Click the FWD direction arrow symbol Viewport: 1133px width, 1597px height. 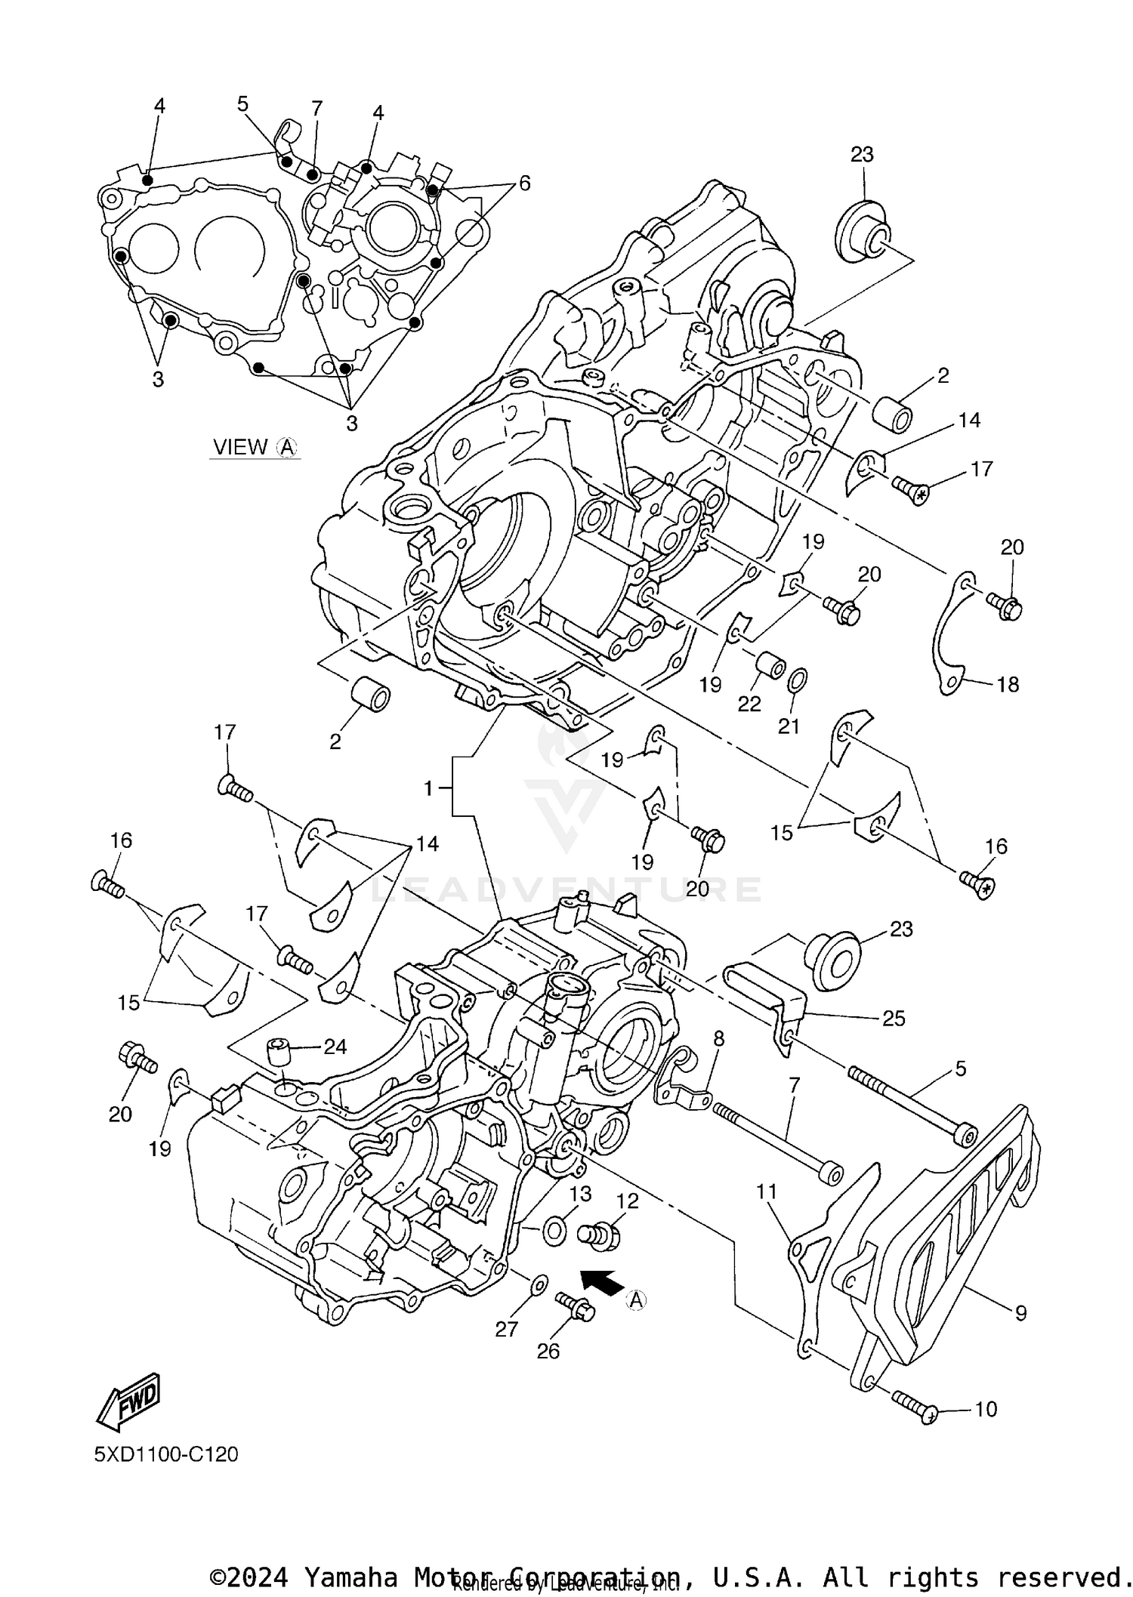[x=128, y=1401]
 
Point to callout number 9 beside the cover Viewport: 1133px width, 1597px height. [x=1020, y=1313]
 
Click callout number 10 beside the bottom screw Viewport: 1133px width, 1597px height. [x=986, y=1409]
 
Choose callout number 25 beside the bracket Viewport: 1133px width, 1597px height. [x=894, y=1019]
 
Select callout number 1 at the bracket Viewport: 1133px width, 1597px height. [x=428, y=789]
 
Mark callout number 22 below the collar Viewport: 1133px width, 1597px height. [x=749, y=703]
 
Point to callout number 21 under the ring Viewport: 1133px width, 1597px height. [x=789, y=726]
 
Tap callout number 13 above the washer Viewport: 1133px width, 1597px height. [x=581, y=1193]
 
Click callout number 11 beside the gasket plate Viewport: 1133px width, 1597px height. [x=767, y=1192]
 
